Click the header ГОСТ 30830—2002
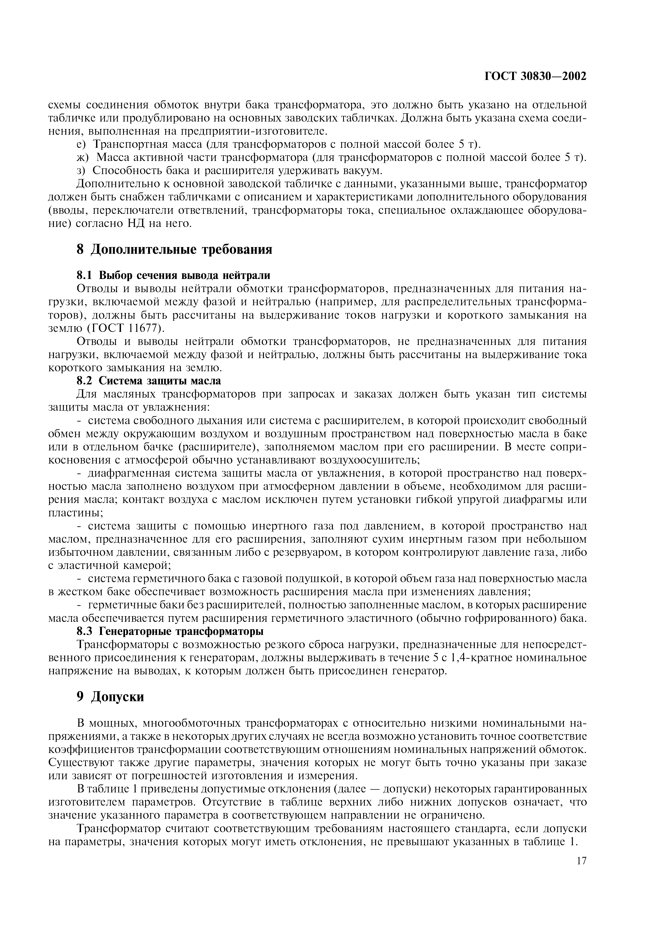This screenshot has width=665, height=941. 535,76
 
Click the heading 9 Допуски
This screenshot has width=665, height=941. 110,696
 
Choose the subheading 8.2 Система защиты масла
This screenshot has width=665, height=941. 149,381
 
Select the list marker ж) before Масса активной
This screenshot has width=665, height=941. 83,157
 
